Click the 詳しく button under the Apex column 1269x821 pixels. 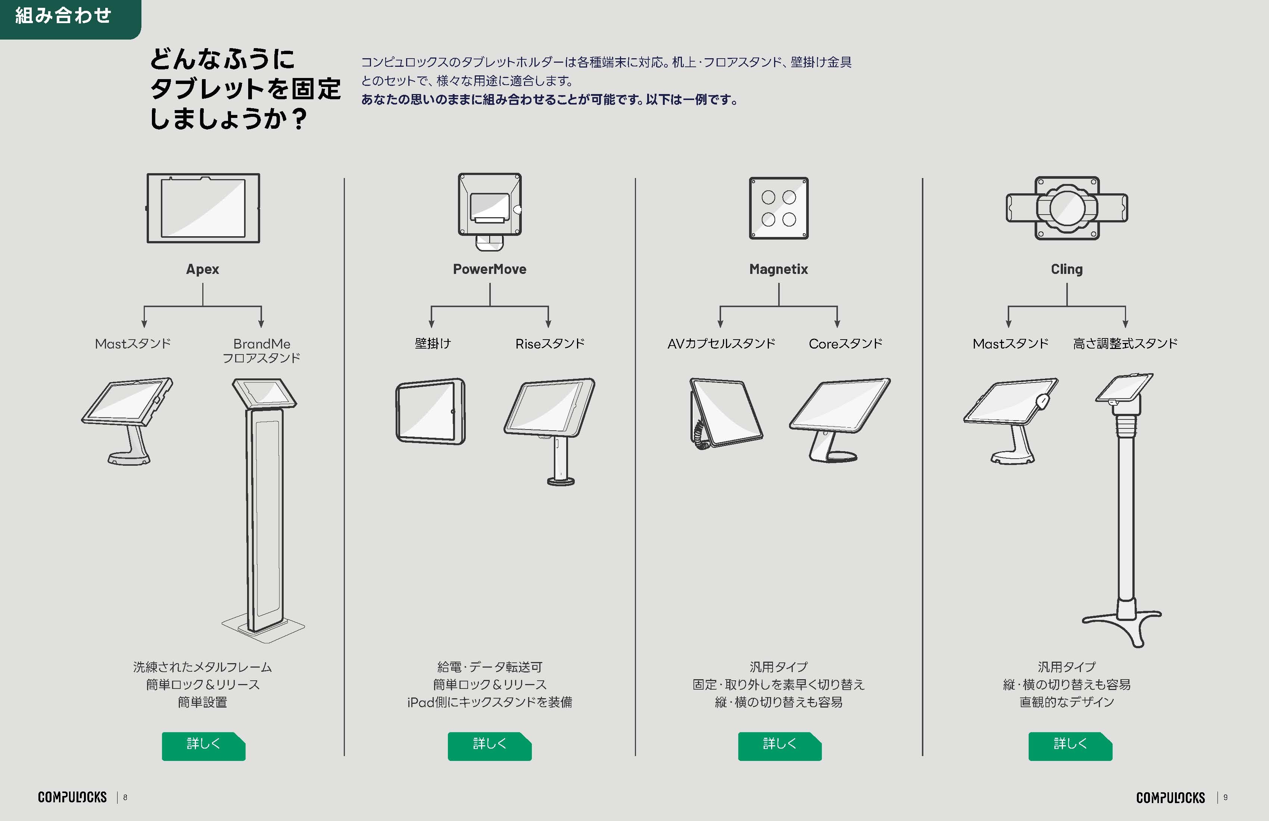[x=203, y=746]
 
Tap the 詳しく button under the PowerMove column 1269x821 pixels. [x=489, y=746]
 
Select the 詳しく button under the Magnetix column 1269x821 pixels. [x=780, y=746]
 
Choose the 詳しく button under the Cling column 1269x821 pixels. [x=1070, y=746]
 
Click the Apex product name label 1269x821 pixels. [x=203, y=269]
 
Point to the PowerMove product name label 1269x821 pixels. [x=489, y=269]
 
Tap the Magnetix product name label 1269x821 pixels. [x=779, y=269]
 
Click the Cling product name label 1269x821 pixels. [x=1067, y=269]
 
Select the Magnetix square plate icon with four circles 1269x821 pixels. [x=779, y=208]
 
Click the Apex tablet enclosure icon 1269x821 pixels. [x=203, y=208]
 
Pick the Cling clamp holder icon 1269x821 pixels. [x=1067, y=208]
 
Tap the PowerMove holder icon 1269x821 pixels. [x=489, y=211]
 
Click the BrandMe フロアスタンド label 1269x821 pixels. [x=261, y=351]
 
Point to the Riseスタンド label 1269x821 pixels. [x=550, y=344]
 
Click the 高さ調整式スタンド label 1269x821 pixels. [x=1125, y=344]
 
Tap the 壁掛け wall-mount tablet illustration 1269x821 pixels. [x=430, y=411]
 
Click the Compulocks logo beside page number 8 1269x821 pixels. [x=72, y=797]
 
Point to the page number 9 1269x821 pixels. [x=1225, y=797]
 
